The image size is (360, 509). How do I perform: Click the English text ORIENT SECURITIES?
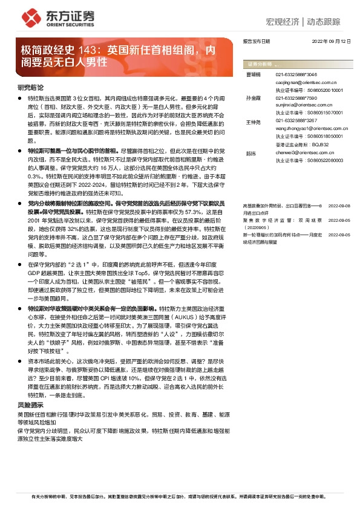pyautogui.click(x=71, y=26)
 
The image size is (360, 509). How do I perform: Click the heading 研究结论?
pyautogui.click(x=30, y=87)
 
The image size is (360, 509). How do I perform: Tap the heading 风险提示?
pyautogui.click(x=30, y=404)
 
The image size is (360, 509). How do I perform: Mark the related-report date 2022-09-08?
pyautogui.click(x=338, y=189)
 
